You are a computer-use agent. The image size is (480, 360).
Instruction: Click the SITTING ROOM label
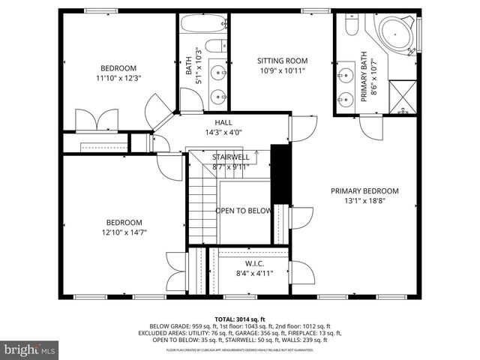[282, 61]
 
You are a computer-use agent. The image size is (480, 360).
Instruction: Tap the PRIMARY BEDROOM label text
[364, 190]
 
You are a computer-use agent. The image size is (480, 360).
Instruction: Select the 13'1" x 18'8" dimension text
[364, 201]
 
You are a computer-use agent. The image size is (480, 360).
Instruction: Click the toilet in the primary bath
[351, 25]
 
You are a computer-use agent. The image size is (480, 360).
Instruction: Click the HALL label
[223, 122]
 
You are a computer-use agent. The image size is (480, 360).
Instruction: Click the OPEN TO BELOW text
[243, 211]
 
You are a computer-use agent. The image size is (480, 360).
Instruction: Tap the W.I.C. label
[254, 264]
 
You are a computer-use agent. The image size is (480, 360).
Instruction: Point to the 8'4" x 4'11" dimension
[254, 274]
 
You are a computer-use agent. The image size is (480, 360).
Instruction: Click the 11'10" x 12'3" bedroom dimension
[119, 77]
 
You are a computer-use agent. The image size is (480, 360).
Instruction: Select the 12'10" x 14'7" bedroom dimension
[124, 232]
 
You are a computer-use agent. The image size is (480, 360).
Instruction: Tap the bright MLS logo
[30, 349]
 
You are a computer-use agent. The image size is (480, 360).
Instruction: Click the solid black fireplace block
[280, 173]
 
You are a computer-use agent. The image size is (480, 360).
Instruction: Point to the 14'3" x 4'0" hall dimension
[223, 133]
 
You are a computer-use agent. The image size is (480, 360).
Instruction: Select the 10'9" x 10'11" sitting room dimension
[282, 71]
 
